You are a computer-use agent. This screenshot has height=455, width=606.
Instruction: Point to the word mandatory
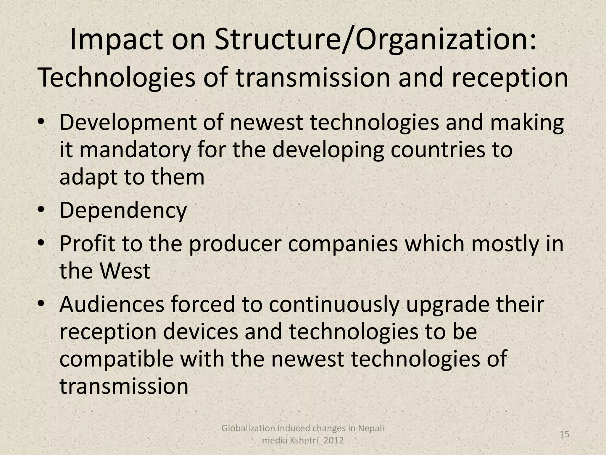click(135, 150)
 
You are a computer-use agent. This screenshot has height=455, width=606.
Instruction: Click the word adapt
click(88, 177)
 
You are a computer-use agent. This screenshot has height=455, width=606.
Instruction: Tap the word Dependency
click(123, 210)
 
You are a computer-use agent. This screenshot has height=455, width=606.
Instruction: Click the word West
click(125, 271)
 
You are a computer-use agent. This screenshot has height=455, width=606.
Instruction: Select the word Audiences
click(112, 305)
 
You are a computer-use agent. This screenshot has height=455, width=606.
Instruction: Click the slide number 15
click(565, 435)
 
